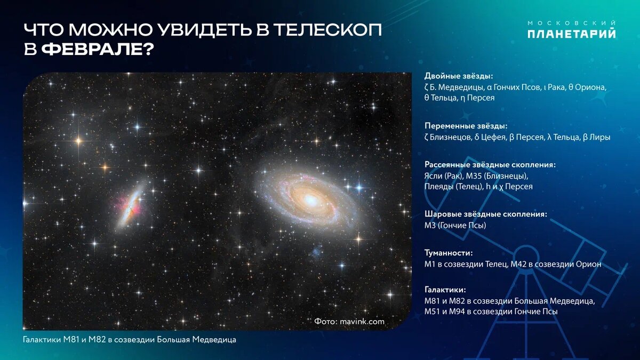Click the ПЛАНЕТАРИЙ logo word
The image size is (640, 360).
click(x=571, y=34)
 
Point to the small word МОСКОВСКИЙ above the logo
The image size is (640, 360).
click(x=571, y=23)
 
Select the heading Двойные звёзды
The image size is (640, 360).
click(x=459, y=76)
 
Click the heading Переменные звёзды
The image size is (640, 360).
click(x=462, y=126)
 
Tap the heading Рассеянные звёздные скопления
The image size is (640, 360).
click(x=490, y=165)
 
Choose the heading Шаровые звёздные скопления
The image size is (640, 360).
click(x=486, y=214)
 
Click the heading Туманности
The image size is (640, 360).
click(x=449, y=253)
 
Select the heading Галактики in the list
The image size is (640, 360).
click(x=445, y=290)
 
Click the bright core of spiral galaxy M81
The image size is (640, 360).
click(x=310, y=199)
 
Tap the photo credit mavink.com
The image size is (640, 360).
click(x=362, y=322)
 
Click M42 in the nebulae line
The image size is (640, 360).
click(x=518, y=264)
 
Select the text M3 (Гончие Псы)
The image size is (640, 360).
click(x=455, y=226)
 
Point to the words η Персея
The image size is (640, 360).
click(x=477, y=98)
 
